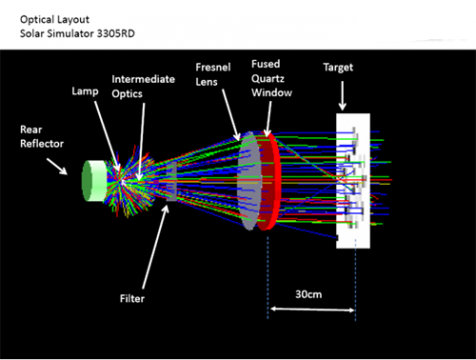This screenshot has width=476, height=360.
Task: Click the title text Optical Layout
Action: tap(54, 20)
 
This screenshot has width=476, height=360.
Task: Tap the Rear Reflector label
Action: tap(42, 136)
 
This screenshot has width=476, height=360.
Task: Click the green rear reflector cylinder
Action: tap(94, 181)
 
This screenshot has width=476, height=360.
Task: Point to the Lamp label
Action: tap(85, 91)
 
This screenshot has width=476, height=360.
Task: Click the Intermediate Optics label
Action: tap(143, 87)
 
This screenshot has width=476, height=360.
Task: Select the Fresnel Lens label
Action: tap(213, 74)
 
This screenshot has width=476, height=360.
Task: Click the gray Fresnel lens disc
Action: tap(249, 181)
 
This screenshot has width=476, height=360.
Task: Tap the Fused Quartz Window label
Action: tap(271, 78)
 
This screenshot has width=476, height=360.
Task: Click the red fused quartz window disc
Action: tap(269, 182)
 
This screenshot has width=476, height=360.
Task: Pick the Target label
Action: tap(338, 68)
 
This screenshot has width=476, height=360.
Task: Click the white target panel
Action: tap(353, 181)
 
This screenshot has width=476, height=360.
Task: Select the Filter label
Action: tap(132, 298)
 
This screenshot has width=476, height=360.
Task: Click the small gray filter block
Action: tap(171, 181)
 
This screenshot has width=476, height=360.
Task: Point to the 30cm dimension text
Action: tap(308, 294)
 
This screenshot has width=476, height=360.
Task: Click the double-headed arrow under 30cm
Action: tap(312, 310)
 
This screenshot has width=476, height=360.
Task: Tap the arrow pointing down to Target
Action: tap(342, 95)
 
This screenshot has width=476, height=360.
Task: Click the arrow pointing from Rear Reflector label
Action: tap(57, 167)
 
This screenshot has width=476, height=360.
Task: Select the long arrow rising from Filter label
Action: tap(155, 247)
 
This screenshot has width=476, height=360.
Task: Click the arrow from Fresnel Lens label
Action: tap(231, 114)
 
